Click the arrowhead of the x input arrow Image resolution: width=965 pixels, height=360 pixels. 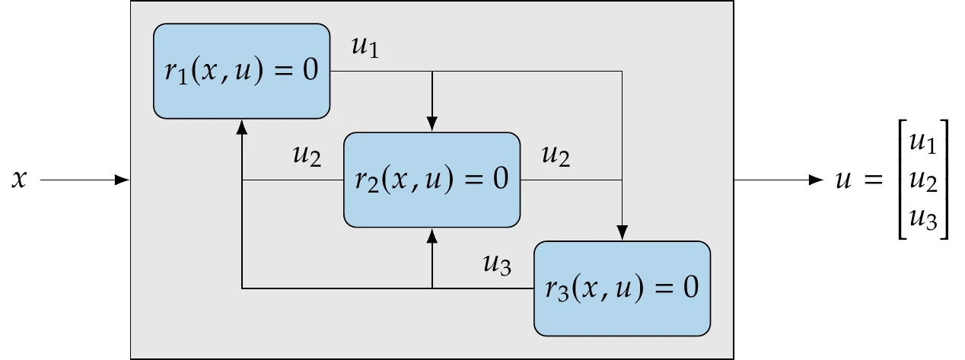(x=122, y=180)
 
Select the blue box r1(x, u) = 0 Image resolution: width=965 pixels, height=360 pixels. (x=241, y=71)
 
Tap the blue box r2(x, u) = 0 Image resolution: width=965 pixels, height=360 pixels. (x=432, y=180)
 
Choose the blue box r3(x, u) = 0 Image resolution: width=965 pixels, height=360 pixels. (x=622, y=288)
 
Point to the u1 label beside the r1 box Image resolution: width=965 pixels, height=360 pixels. (x=365, y=47)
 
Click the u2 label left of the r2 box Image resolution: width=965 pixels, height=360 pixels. (x=307, y=156)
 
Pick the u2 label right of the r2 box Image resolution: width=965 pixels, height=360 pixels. (x=556, y=156)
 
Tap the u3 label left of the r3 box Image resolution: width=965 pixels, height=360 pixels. (x=497, y=265)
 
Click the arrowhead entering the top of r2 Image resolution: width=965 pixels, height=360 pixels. (x=432, y=125)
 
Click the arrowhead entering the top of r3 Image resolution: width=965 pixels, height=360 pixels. (x=623, y=234)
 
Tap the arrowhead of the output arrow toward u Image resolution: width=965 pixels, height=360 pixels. (x=817, y=180)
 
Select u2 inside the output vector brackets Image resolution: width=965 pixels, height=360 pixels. (x=924, y=181)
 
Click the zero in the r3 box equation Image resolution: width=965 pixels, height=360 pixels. (x=690, y=289)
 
